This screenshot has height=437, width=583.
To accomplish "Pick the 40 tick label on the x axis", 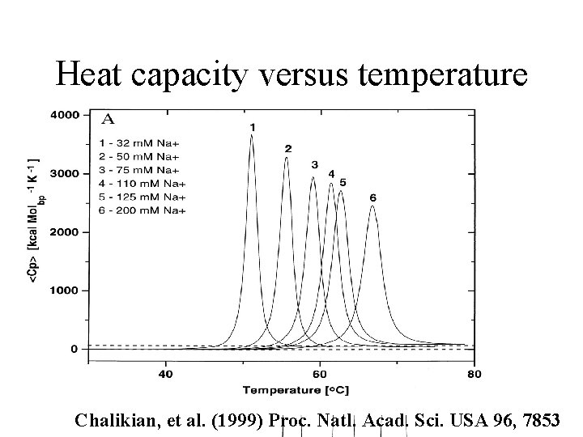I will coord(165,374).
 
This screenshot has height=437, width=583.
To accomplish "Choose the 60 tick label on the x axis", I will coord(320,374).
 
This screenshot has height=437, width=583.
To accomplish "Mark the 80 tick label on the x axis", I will coord(474,374).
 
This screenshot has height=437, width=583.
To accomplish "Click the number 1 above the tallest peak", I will coord(253,127).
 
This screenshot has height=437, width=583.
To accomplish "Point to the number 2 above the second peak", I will coord(287,149).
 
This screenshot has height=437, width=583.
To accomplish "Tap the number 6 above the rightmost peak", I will coord(372,197).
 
